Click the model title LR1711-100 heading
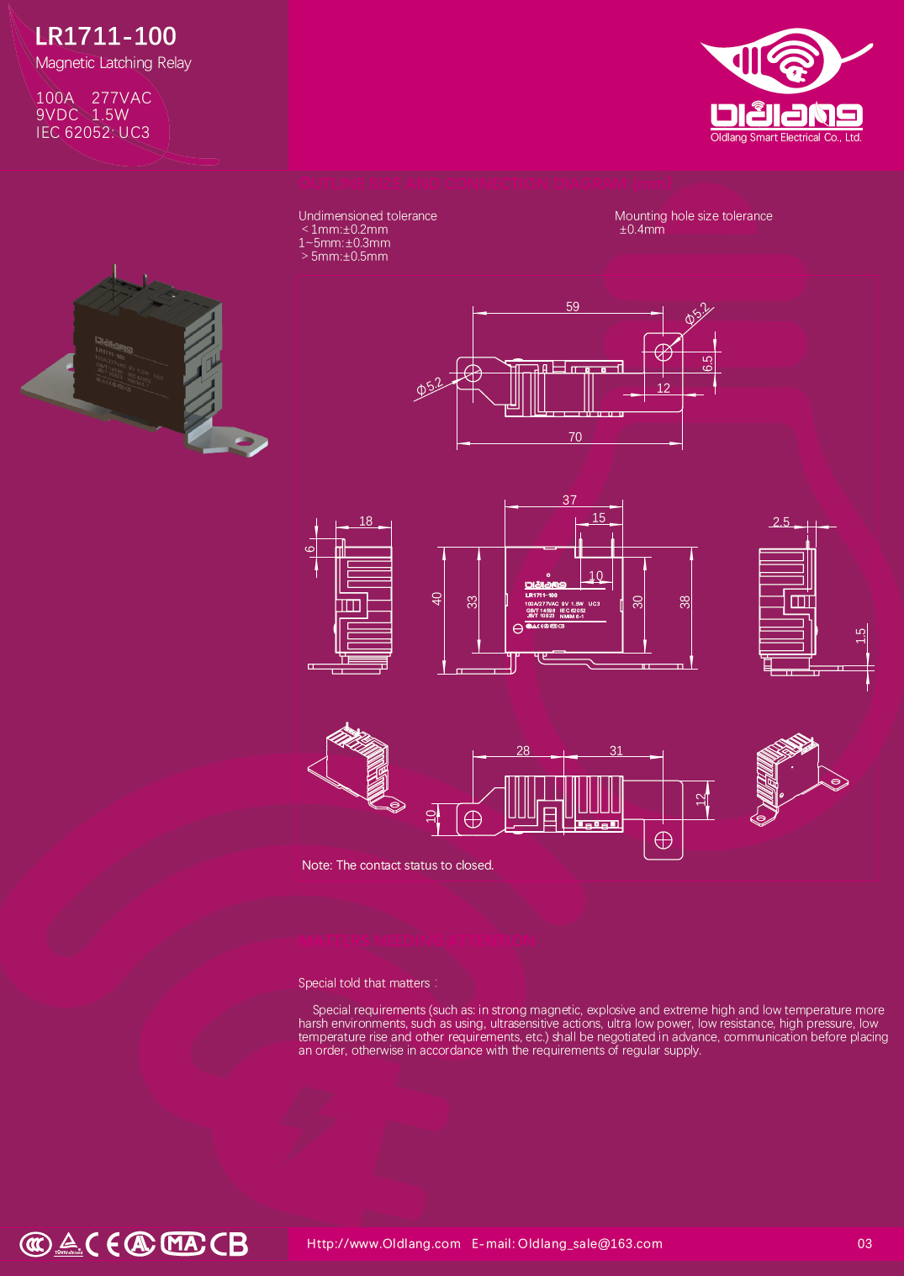click(106, 36)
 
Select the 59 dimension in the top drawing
click(573, 307)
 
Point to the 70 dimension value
click(575, 437)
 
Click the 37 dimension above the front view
click(569, 500)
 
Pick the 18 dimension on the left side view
click(366, 522)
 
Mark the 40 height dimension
click(436, 599)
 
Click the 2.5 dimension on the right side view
click(781, 522)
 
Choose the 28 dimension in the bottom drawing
click(523, 751)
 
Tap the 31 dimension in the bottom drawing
click(616, 751)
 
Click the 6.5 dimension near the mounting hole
click(708, 363)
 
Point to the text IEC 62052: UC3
click(93, 133)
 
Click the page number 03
click(864, 1244)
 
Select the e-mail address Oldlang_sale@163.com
click(589, 1244)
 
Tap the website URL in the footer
click(383, 1244)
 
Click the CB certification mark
click(230, 1244)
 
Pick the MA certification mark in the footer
click(182, 1243)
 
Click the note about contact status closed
click(398, 866)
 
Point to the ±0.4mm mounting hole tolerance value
click(642, 230)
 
